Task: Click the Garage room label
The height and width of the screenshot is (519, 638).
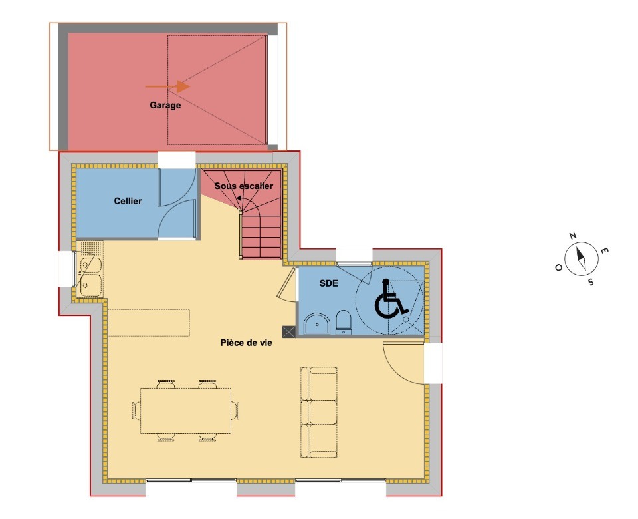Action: pos(165,106)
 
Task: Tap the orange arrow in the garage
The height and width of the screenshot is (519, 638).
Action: pos(167,86)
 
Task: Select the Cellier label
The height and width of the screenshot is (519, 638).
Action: pos(128,201)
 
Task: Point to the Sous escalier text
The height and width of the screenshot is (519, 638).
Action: pos(244,186)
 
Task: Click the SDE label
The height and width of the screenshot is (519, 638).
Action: pos(329,283)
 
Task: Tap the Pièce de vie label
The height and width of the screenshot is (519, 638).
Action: pos(246,343)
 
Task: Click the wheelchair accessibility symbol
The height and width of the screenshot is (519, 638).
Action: pos(391,299)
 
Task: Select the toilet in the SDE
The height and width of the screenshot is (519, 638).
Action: pos(344,322)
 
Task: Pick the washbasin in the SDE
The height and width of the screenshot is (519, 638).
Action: pos(318,324)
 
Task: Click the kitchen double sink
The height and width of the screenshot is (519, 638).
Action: pos(90,275)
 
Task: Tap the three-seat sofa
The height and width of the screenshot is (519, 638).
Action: pos(319,413)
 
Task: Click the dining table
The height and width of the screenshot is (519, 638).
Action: pos(185,411)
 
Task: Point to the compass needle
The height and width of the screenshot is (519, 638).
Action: pos(582,258)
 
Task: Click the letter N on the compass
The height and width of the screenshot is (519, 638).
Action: pos(572,236)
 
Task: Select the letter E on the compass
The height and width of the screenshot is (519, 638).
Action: pos(605,250)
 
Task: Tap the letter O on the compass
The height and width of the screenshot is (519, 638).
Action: pos(559,267)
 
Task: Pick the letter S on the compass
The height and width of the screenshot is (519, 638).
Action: pos(591,282)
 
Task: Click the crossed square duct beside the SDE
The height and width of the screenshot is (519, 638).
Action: pos(288,331)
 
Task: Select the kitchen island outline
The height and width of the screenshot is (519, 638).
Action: pos(149,323)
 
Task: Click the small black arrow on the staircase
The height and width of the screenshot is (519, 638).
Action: pos(239,198)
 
